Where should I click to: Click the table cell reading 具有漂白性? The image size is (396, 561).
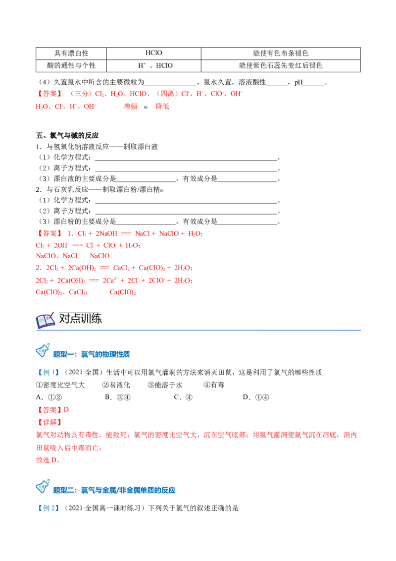[x=71, y=54]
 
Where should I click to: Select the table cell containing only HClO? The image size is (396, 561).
[x=153, y=54]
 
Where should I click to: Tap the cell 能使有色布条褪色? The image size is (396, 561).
[x=281, y=54]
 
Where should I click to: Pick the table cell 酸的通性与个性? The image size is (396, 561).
[x=71, y=65]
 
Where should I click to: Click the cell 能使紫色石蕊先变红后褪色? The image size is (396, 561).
[x=281, y=65]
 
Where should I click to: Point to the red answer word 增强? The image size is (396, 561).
[x=131, y=106]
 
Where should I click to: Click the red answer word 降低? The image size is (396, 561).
[x=162, y=106]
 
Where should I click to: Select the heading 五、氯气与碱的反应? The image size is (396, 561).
[x=67, y=135]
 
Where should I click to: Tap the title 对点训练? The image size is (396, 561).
[x=80, y=318]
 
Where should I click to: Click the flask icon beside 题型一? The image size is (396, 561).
[x=43, y=351]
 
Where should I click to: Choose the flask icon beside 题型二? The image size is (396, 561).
[x=43, y=487]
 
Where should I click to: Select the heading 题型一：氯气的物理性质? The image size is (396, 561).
[x=92, y=354]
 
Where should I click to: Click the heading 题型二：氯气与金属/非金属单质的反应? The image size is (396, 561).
[x=114, y=490]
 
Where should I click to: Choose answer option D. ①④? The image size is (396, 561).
[x=256, y=397]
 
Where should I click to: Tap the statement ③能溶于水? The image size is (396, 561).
[x=165, y=385]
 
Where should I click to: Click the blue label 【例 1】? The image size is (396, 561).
[x=48, y=372]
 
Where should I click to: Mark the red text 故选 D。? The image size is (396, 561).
[x=48, y=460]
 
